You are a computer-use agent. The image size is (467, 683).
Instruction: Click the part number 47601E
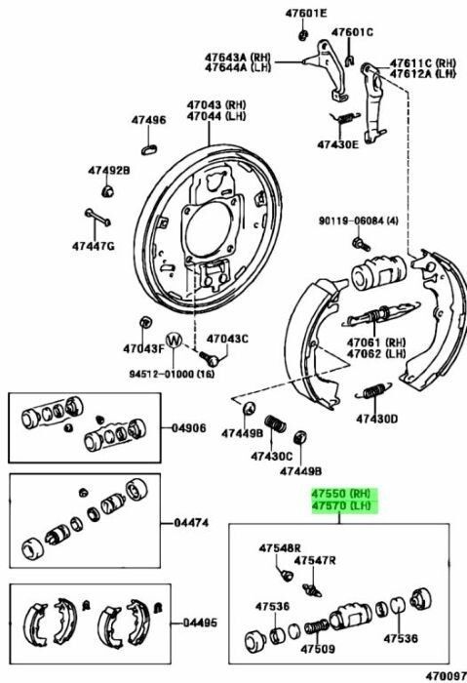point(306,14)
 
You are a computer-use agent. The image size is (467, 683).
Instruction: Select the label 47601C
point(352,32)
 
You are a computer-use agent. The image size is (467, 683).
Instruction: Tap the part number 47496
point(149,120)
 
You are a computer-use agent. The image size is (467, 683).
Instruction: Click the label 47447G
point(93,246)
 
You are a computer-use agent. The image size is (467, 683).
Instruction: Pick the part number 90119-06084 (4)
point(359,221)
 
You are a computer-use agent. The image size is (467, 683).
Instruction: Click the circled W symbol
point(175,341)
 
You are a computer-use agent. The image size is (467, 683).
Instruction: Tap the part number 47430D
point(376,419)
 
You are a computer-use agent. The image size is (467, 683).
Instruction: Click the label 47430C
point(271,456)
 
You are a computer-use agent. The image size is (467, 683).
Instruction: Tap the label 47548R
point(281,548)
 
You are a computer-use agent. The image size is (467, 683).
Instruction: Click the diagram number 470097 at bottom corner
point(444,674)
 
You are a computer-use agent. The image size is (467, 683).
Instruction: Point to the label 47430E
point(337,144)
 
